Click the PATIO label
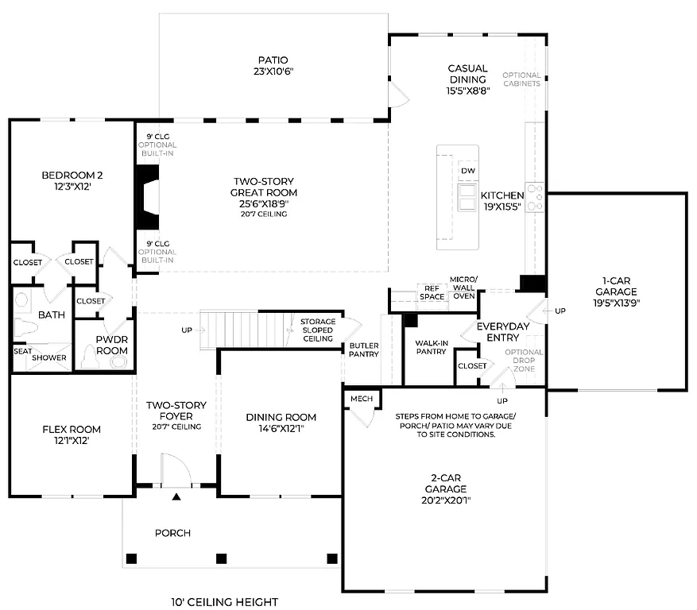coord(273,60)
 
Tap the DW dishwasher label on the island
coord(467,171)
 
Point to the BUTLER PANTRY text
coord(364,349)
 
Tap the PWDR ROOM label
coord(111,344)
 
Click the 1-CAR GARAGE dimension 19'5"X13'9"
coord(616,303)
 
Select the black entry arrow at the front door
coord(176,497)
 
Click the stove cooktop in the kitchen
coord(536,197)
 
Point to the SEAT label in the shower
coord(22,349)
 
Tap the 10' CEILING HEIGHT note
coord(225,602)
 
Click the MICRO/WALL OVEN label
coord(463,288)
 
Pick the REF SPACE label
coord(432,292)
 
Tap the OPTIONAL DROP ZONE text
coord(525,361)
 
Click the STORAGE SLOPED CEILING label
coord(317,330)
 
